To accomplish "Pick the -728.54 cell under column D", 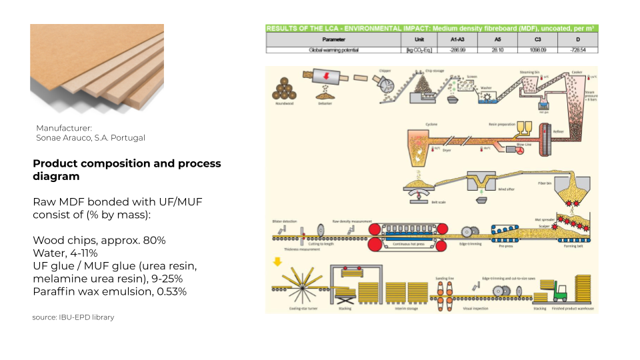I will tap(573, 50).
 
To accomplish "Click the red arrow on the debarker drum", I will tap(325, 78).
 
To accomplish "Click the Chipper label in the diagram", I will tap(385, 70).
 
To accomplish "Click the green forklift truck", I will tap(560, 291).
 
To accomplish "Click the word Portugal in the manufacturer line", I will tap(131, 138).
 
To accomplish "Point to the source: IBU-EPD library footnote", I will tap(73, 317).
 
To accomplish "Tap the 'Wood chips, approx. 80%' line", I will tap(99, 240).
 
